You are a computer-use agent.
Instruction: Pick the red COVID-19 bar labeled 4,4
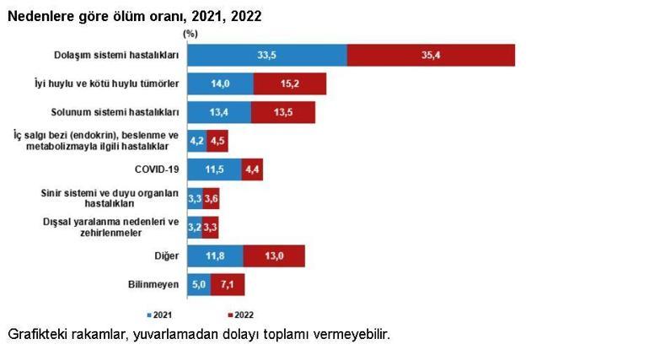[x=252, y=169]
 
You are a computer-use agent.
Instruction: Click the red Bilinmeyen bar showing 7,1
[x=228, y=284]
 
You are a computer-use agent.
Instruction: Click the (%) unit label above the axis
[x=190, y=34]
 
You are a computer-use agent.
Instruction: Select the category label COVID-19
[x=157, y=169]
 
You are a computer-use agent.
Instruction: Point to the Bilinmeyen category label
[x=153, y=284]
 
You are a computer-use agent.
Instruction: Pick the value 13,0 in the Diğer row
[x=275, y=255]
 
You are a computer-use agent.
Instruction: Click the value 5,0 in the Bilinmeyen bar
[x=199, y=284]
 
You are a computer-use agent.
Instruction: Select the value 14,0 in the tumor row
[x=221, y=83]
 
